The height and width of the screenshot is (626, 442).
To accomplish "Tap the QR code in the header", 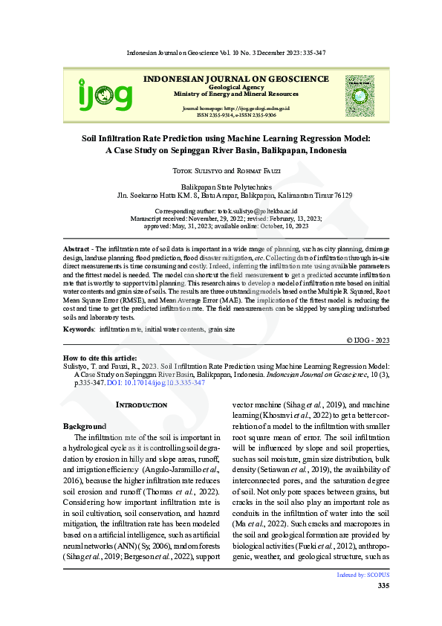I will click(364, 94).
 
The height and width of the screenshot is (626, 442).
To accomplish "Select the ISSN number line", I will click(236, 116).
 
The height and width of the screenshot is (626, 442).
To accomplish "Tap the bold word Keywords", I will click(79, 329).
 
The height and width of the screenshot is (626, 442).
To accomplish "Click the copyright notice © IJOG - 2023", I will click(368, 340).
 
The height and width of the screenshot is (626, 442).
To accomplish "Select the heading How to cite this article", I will click(97, 358).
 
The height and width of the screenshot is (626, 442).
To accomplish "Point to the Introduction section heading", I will click(142, 404).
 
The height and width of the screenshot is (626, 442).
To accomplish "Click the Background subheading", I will click(84, 427).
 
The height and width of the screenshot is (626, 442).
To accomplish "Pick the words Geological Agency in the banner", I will click(235, 87).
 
